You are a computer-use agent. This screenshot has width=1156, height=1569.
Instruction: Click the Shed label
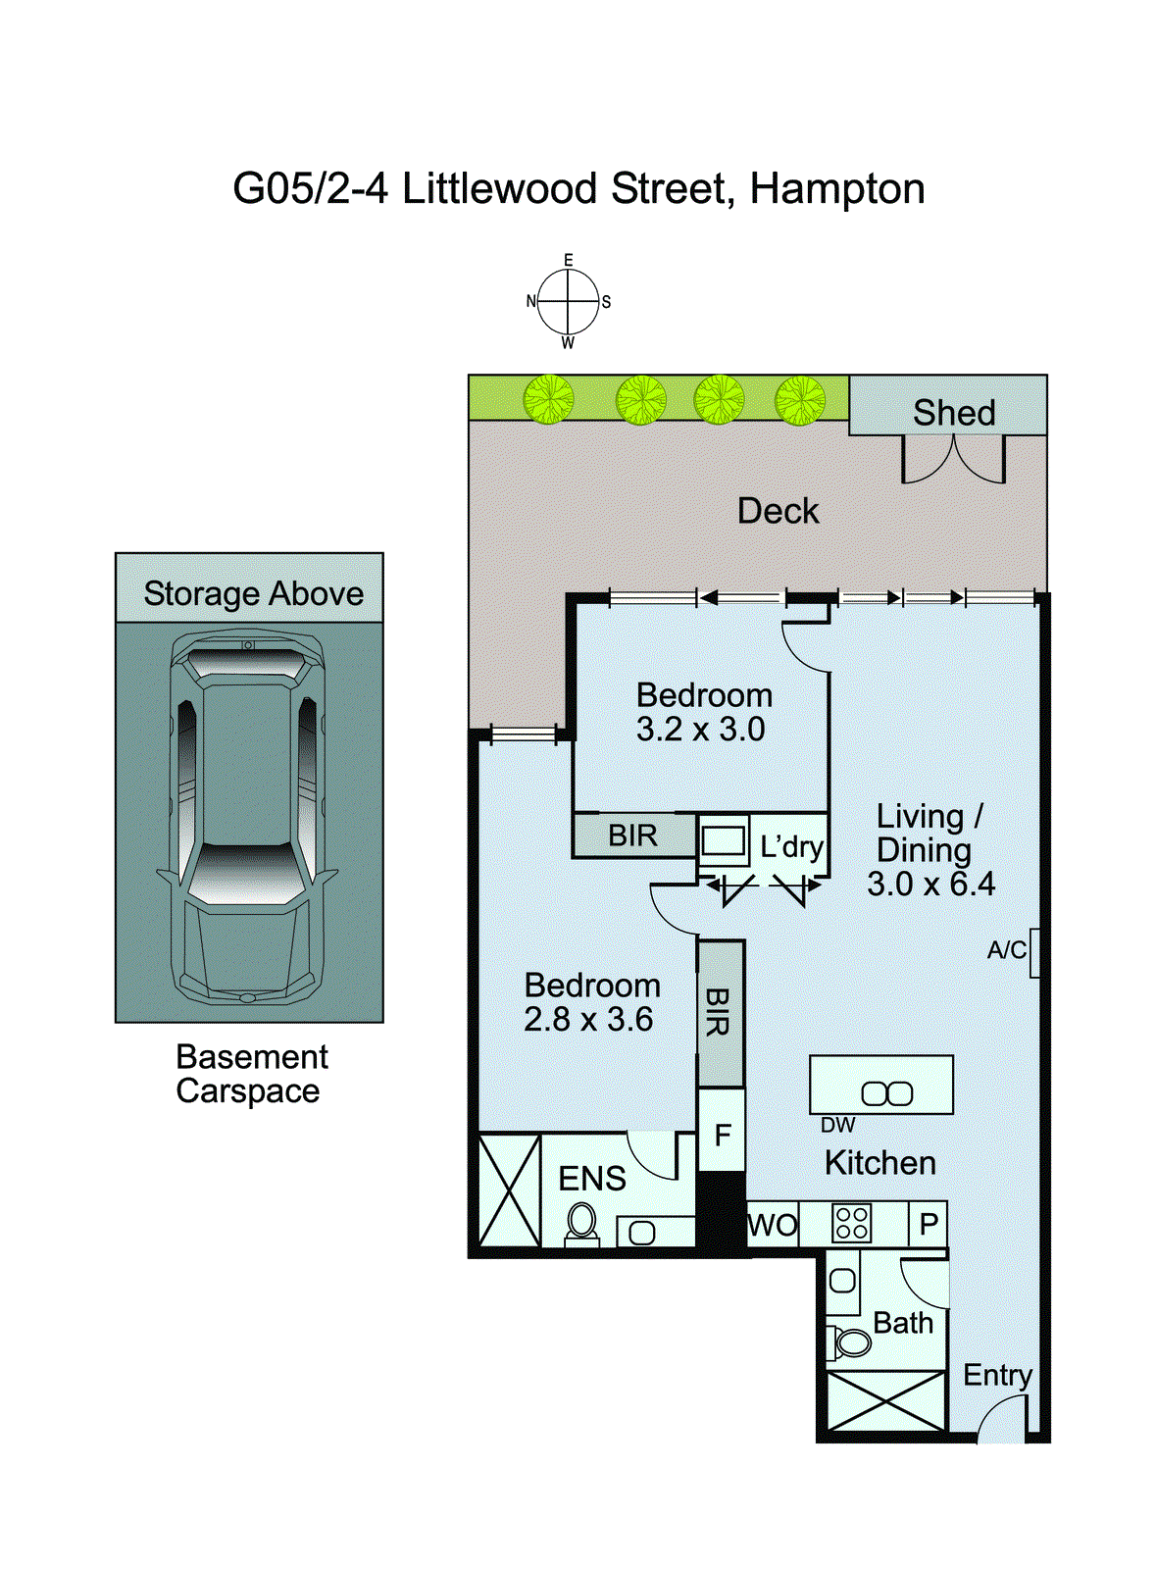tap(953, 413)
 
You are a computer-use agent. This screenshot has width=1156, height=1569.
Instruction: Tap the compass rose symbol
tap(568, 301)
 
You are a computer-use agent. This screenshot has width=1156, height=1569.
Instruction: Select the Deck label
tap(778, 511)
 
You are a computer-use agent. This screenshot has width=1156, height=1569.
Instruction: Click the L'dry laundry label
tap(791, 845)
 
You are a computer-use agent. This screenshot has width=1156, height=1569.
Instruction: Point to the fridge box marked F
tap(722, 1135)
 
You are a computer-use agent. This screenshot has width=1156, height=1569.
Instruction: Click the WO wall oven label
tap(773, 1225)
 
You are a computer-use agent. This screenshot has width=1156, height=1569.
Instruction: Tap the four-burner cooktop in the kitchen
tap(850, 1224)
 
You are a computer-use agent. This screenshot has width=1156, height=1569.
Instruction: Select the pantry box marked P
tap(928, 1224)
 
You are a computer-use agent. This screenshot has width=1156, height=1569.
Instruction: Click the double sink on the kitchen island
tap(886, 1093)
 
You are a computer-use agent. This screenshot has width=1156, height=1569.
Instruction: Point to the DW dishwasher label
tap(837, 1126)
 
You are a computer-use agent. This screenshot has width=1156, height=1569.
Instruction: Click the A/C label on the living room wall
tap(1006, 950)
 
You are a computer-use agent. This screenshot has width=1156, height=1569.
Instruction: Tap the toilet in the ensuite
tap(582, 1224)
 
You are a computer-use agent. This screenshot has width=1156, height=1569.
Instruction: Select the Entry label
tap(997, 1375)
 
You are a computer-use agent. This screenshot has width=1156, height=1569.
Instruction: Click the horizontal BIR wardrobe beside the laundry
tap(633, 836)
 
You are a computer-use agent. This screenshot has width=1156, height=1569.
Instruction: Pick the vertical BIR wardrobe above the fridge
tap(721, 1013)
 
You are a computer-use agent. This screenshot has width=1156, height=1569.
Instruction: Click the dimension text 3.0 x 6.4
tap(930, 884)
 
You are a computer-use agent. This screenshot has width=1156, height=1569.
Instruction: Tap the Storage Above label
tap(253, 593)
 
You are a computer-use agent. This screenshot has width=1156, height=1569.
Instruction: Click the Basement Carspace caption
tap(250, 1074)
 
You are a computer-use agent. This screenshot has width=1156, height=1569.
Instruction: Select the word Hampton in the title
tap(837, 188)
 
